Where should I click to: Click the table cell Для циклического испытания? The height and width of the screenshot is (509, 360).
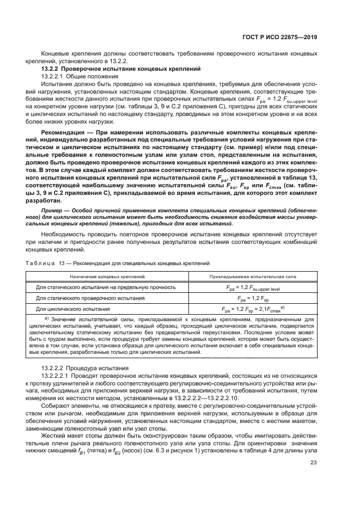point(69,309)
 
